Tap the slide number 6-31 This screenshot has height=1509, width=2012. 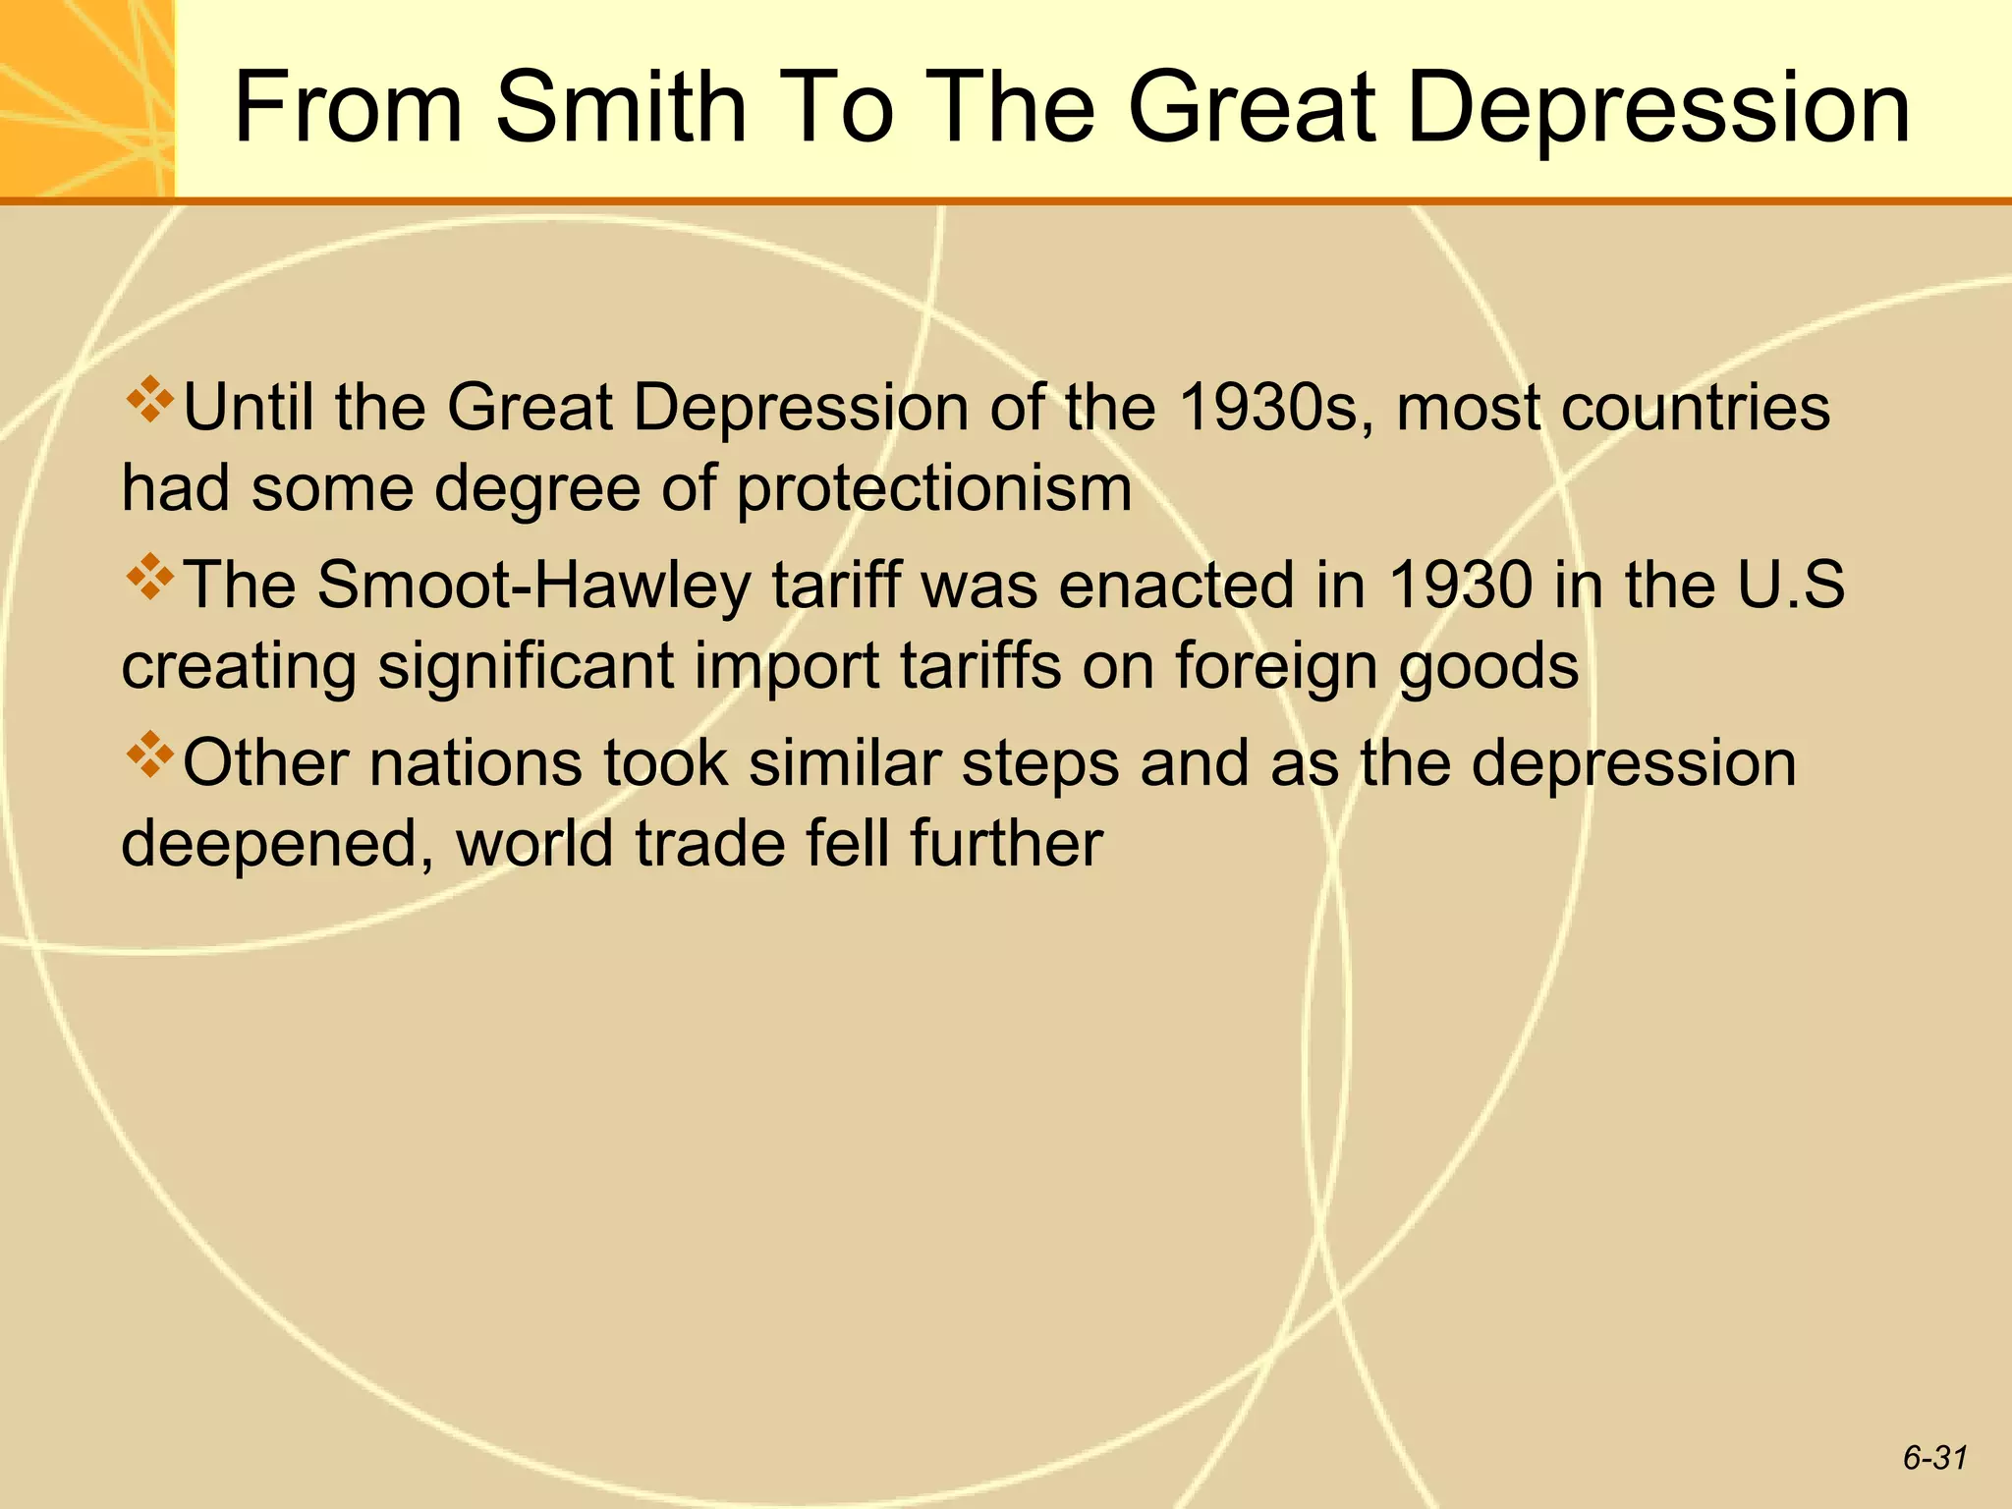(1934, 1458)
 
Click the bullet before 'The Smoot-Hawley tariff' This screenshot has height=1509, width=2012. (149, 577)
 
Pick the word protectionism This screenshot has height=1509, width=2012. (933, 488)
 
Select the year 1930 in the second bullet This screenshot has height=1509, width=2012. (1460, 585)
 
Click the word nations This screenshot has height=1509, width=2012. (475, 763)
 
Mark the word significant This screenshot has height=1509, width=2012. (526, 666)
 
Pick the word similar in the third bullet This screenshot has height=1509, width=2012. (845, 763)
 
